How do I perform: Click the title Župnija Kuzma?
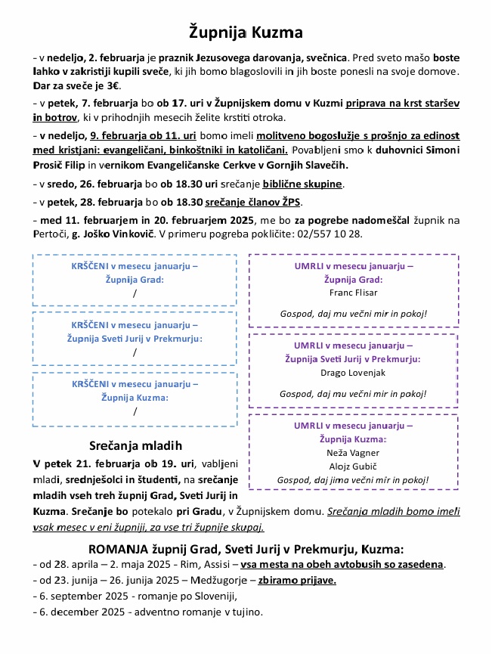(x=246, y=33)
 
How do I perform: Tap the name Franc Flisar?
(x=353, y=293)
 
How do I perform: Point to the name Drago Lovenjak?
(x=353, y=373)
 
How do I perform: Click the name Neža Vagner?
(x=353, y=452)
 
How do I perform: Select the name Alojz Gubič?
(x=353, y=466)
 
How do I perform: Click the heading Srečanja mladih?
(x=135, y=445)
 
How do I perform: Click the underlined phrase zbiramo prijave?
(x=297, y=581)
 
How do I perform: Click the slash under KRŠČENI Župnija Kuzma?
(x=135, y=412)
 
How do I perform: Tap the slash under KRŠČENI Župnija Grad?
(x=135, y=293)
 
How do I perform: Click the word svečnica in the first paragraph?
(x=326, y=57)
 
